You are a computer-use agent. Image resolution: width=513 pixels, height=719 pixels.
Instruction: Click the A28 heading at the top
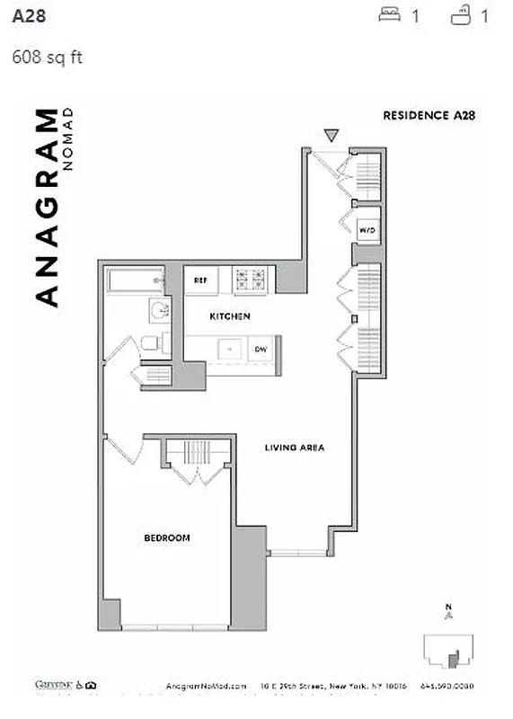click(27, 15)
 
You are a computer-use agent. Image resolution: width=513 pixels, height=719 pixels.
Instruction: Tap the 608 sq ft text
click(47, 58)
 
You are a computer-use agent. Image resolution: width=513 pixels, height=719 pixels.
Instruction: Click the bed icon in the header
click(389, 14)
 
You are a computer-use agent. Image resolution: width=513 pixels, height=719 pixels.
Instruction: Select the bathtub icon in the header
click(461, 14)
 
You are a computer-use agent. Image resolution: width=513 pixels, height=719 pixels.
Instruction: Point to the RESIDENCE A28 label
click(428, 115)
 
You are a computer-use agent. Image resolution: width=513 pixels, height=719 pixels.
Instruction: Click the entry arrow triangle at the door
click(332, 136)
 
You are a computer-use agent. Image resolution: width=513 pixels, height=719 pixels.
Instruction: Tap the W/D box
click(367, 231)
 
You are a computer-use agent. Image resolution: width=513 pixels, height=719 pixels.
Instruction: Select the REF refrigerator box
click(200, 280)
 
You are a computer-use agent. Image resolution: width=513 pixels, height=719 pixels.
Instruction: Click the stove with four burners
click(252, 280)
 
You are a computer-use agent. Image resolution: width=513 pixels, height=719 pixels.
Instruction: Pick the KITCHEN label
click(230, 316)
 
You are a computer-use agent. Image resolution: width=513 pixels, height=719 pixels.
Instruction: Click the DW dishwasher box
click(261, 349)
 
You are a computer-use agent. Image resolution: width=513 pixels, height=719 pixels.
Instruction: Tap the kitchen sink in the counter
click(230, 349)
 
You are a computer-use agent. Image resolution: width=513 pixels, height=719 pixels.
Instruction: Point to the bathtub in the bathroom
click(135, 281)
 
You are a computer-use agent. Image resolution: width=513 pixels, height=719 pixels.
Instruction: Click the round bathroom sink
click(158, 311)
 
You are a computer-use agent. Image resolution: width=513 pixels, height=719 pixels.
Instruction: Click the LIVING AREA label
click(294, 447)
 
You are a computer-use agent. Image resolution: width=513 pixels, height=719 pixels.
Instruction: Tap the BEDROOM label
click(167, 538)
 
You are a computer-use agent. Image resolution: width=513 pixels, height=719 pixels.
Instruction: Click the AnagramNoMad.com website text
click(205, 686)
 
